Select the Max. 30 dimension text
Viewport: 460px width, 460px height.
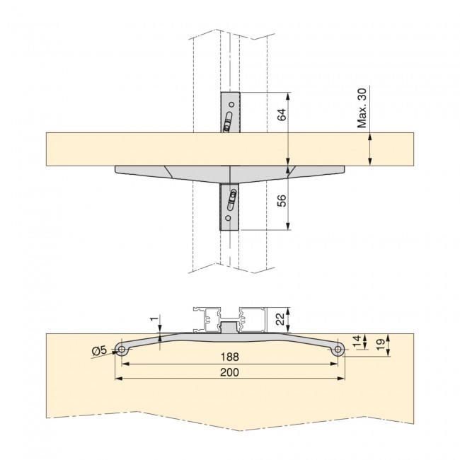[x=362, y=108]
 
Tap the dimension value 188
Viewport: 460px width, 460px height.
[x=229, y=357]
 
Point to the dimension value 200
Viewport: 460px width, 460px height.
[x=229, y=372]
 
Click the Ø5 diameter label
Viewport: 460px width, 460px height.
[x=100, y=349]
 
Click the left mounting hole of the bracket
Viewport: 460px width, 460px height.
[x=122, y=350]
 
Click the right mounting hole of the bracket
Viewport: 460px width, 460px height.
[x=338, y=350]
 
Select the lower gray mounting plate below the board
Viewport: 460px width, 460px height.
[x=230, y=207]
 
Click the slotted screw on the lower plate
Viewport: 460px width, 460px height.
[x=230, y=202]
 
